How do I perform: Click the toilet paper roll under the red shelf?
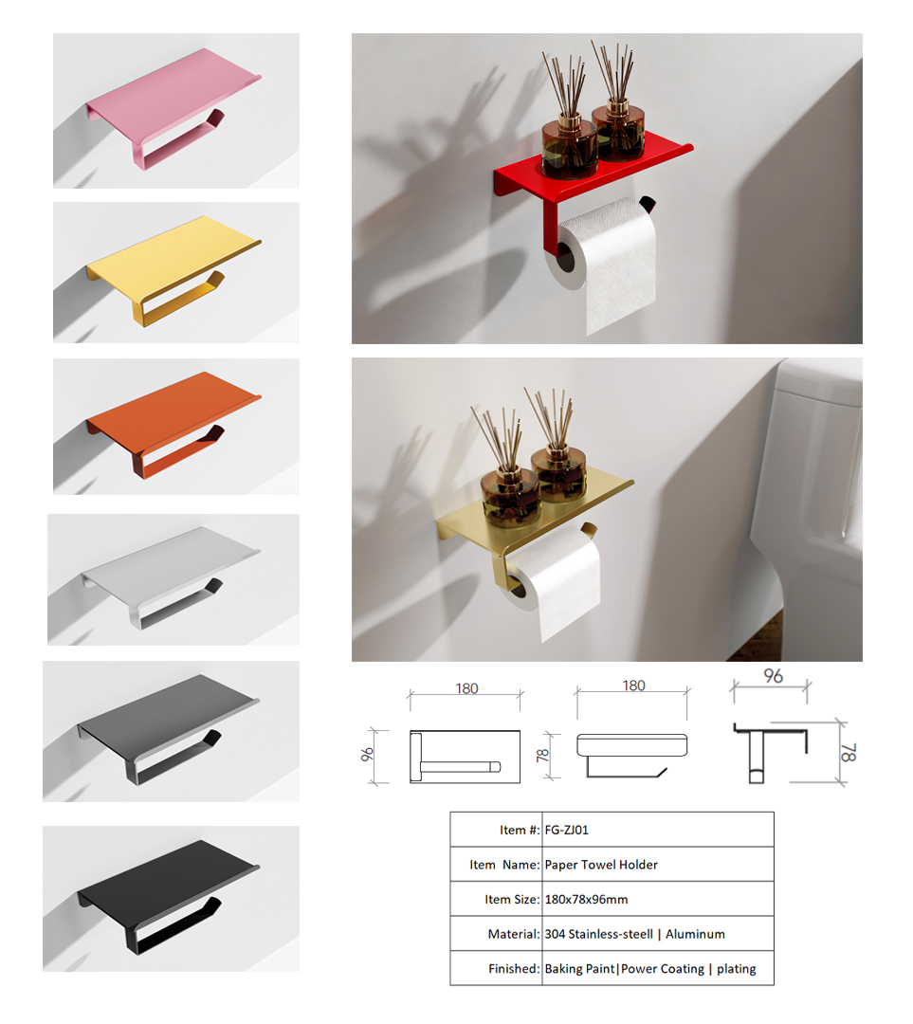604,262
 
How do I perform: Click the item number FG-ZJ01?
566,830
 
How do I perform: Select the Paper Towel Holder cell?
601,865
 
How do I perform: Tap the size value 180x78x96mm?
586,899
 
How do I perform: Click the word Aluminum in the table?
695,934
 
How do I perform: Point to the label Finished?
514,968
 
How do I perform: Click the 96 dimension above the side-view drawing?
774,676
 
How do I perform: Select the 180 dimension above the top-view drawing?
466,688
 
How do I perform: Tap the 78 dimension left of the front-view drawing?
542,756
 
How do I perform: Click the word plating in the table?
736,968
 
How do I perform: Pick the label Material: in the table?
514,934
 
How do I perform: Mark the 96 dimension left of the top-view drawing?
367,755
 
